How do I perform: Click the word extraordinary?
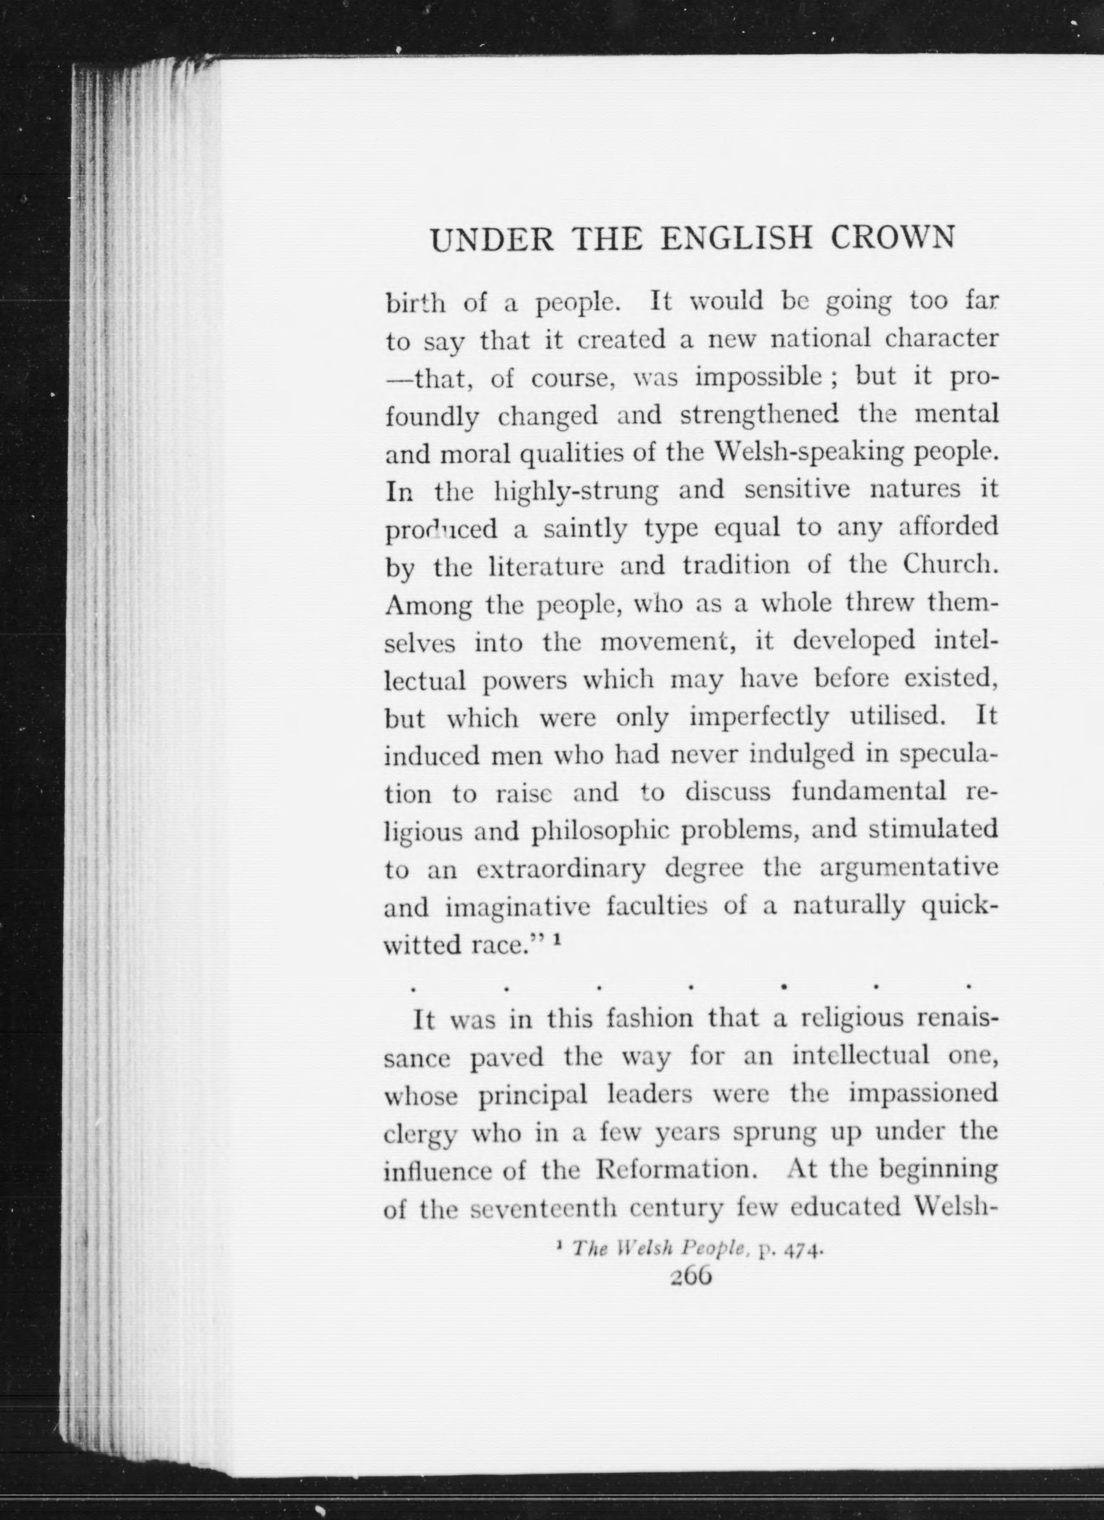(561, 870)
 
